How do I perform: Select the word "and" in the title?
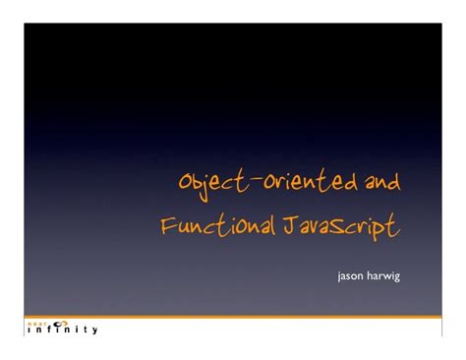380,182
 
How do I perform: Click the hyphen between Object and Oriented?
251,180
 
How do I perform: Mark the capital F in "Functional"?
167,225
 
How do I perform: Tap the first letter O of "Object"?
183,183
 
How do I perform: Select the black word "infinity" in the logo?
60,329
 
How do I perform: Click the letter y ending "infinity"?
93,330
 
